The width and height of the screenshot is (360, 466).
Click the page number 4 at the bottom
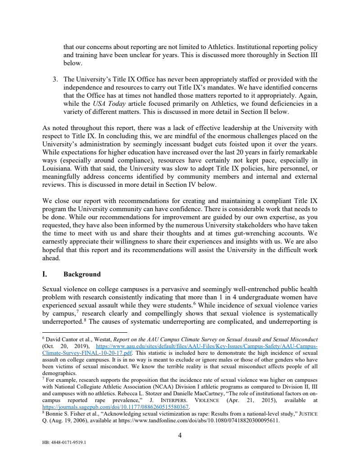(x=180, y=435)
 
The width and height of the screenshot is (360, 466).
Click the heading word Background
(x=82, y=274)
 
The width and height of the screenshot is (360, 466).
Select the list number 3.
(x=55, y=80)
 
